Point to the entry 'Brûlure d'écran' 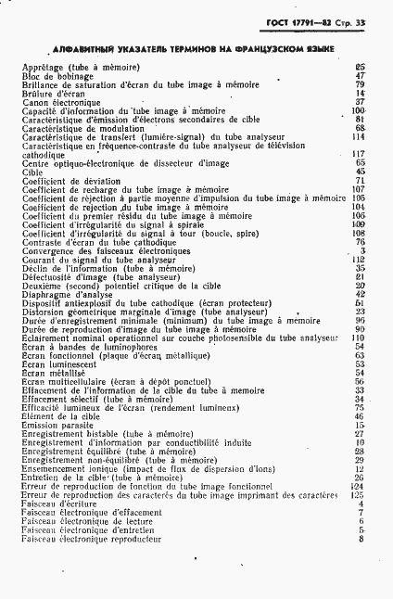click(x=49, y=94)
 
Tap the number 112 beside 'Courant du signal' click(x=360, y=259)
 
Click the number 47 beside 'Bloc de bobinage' click(x=361, y=76)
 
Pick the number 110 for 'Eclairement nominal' click(x=360, y=338)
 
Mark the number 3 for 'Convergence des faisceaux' click(x=363, y=249)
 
